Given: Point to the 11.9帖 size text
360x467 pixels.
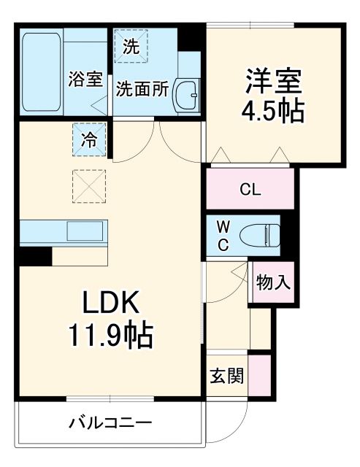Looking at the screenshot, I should tap(110, 336).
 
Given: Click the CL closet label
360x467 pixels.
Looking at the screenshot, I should tap(250, 189).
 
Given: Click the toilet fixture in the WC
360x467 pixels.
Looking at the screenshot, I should tap(263, 234).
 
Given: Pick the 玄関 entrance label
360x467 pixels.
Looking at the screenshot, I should tap(226, 377).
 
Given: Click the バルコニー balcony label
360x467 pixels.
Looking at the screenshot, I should tap(111, 422).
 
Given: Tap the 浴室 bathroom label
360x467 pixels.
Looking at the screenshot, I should tap(85, 80).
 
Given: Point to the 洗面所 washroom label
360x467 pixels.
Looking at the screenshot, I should tap(142, 90).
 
